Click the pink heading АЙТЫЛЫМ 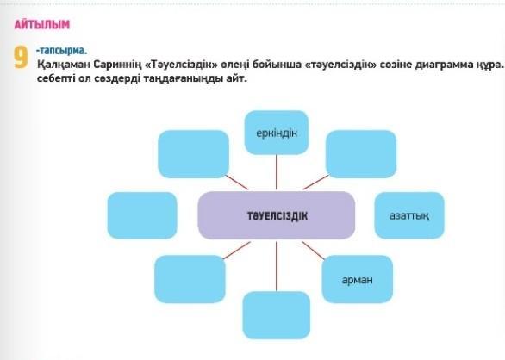(x=42, y=25)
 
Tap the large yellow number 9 (x=21, y=58)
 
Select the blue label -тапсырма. (x=61, y=51)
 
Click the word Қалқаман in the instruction (x=64, y=65)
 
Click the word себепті (x=56, y=78)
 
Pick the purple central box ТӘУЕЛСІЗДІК (x=277, y=215)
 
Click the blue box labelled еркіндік (x=277, y=133)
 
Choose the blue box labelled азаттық (x=409, y=215)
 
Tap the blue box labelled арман (x=357, y=279)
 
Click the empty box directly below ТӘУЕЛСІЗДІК (x=277, y=315)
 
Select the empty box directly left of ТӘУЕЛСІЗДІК (x=142, y=215)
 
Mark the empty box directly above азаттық (x=361, y=154)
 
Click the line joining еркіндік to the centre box (x=277, y=172)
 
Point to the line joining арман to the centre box (x=314, y=251)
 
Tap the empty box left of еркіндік (x=194, y=154)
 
